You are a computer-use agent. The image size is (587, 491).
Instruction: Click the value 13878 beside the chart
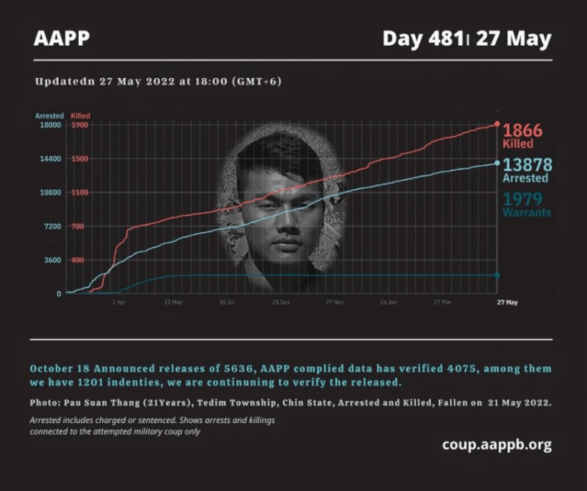click(x=527, y=165)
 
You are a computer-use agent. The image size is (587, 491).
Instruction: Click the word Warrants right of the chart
click(x=526, y=213)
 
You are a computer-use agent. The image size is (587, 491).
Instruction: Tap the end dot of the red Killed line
click(x=498, y=123)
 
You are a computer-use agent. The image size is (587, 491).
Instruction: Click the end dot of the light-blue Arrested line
click(x=498, y=163)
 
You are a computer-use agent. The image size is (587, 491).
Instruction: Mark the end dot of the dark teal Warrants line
click(x=498, y=275)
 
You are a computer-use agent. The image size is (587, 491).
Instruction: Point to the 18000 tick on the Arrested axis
click(x=50, y=125)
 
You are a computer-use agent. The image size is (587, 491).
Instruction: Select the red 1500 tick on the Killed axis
click(x=79, y=159)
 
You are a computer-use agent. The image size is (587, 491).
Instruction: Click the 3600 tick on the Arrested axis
click(x=52, y=260)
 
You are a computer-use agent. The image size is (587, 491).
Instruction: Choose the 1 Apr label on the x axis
click(x=118, y=302)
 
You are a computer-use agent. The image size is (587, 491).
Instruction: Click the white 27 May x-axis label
click(x=506, y=302)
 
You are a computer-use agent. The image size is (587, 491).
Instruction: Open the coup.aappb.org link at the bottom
click(x=496, y=444)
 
